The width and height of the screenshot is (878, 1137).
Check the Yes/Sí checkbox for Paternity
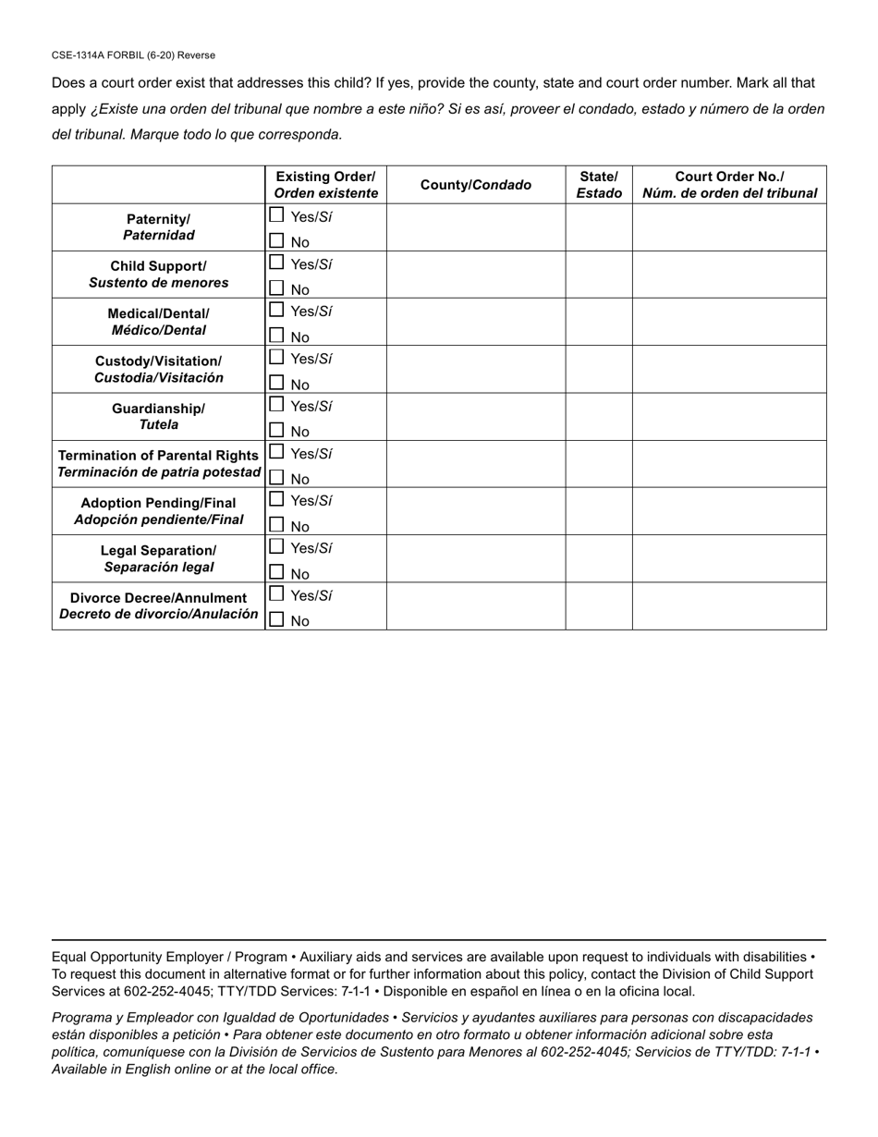point(276,215)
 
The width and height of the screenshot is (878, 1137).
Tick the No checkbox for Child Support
point(276,288)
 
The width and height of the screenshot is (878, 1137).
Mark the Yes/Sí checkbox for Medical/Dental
point(276,310)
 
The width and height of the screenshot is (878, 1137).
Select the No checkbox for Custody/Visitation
point(276,383)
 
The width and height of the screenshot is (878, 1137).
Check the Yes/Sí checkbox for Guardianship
point(276,405)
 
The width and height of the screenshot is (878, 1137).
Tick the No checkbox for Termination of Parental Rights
point(276,478)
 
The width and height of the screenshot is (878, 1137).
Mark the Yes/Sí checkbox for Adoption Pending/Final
point(276,499)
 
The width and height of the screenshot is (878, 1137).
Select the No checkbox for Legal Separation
point(276,572)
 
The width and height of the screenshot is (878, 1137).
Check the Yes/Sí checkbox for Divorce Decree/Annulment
point(276,594)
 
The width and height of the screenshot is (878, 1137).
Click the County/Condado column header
point(476,185)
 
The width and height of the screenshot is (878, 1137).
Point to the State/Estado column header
point(599,185)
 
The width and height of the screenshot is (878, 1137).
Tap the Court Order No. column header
point(729,185)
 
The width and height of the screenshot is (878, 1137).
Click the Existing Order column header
point(325,185)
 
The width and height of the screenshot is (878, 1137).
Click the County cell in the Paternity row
point(476,227)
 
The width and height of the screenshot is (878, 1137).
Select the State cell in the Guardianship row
point(599,417)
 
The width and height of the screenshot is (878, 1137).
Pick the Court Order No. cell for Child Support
point(729,275)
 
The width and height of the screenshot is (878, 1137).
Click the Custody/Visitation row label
point(159,369)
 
